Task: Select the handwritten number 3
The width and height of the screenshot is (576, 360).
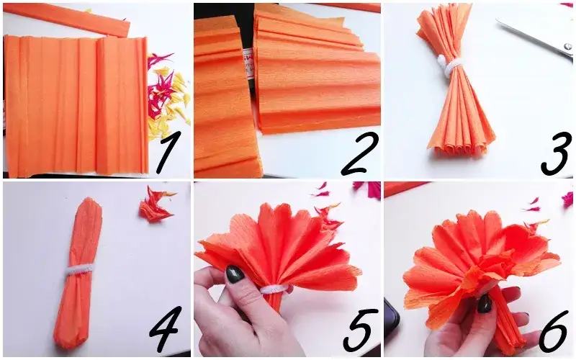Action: click(556, 153)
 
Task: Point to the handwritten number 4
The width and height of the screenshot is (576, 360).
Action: click(166, 329)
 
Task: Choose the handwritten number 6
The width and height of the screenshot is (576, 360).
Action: click(554, 330)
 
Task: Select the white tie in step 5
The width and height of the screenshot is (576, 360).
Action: click(274, 289)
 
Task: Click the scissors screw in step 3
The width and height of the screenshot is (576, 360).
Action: click(568, 47)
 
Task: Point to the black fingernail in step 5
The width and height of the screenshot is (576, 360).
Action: click(235, 274)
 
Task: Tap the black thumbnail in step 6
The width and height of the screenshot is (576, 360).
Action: click(485, 304)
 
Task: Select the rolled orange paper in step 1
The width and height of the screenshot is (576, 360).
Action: click(67, 19)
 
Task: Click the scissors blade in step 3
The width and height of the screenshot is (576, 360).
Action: click(534, 35)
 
